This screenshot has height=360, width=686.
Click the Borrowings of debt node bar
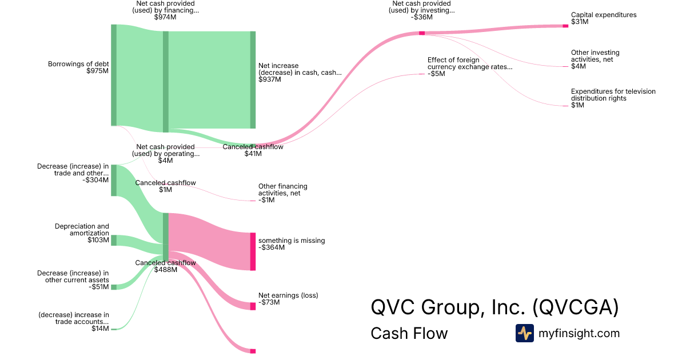click(114, 75)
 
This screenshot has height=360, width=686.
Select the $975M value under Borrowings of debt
click(97, 71)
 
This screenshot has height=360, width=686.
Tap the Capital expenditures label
click(603, 15)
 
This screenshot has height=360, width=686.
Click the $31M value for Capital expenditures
click(579, 22)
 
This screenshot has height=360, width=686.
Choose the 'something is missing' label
click(292, 241)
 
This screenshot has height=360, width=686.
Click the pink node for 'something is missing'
click(253, 251)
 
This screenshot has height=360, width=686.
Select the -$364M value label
click(271, 248)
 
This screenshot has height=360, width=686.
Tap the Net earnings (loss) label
click(288, 295)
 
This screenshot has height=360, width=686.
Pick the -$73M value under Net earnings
click(269, 302)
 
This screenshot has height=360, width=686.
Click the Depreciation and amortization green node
click(114, 240)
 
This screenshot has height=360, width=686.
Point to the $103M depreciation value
click(98, 240)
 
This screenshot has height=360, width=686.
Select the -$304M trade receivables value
click(95, 180)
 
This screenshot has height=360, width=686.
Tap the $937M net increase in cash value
click(270, 79)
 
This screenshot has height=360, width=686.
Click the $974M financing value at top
click(165, 17)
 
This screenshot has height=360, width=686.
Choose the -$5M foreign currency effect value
click(436, 74)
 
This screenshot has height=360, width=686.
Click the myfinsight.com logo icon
click(524, 333)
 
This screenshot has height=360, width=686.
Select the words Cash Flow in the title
click(409, 333)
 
